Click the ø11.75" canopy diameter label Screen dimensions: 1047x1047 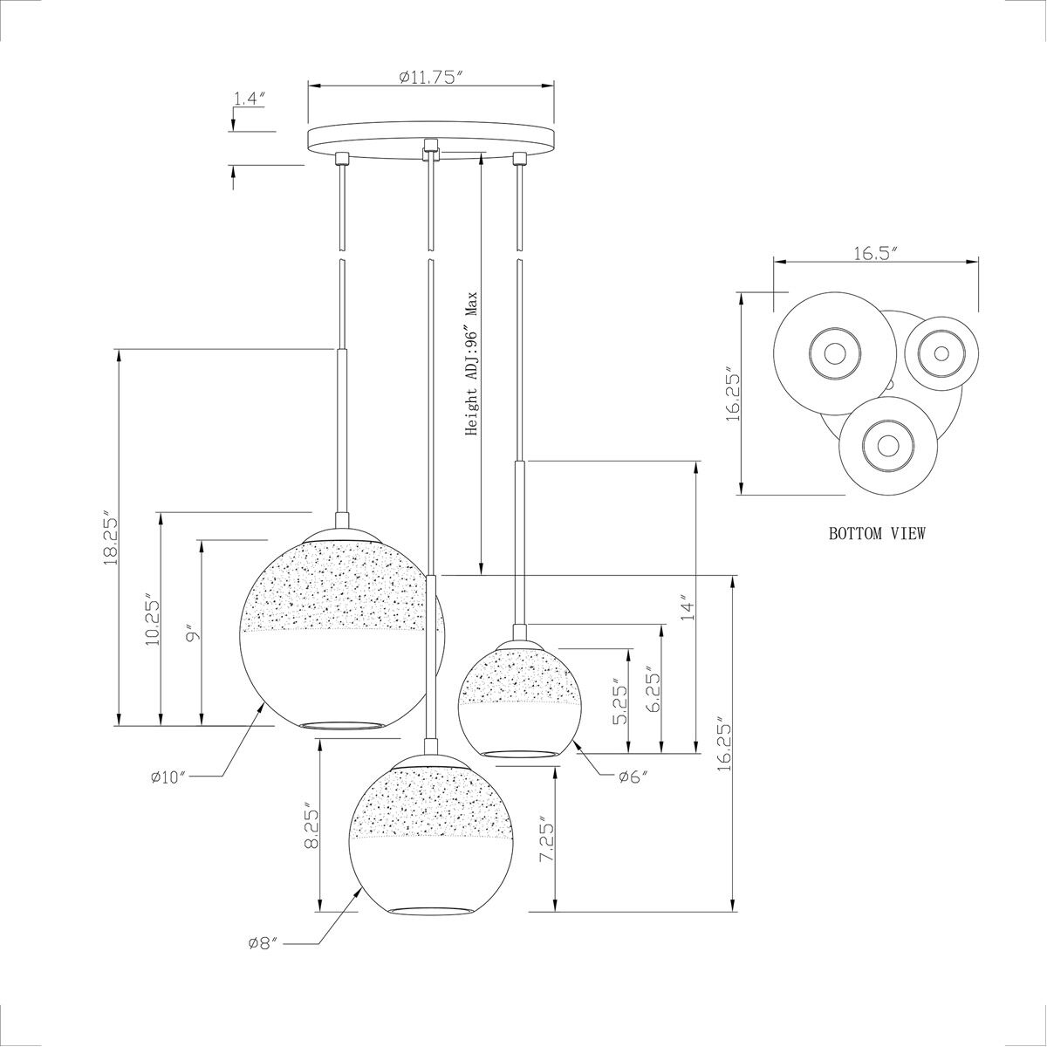(x=429, y=78)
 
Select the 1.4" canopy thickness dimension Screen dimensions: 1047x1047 (x=250, y=99)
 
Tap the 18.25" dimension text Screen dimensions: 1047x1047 (x=109, y=538)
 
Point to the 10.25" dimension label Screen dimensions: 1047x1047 (x=153, y=619)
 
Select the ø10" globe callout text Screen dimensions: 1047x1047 (x=169, y=778)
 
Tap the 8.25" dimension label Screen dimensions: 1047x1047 (x=311, y=826)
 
